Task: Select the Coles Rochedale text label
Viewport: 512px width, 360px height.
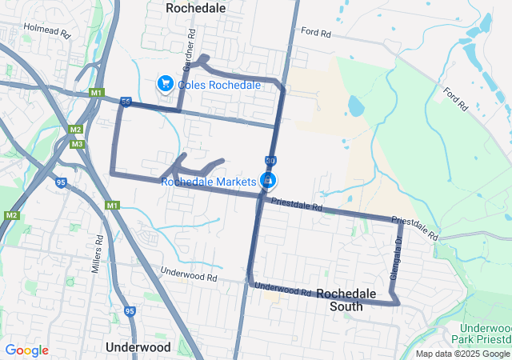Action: tap(219, 85)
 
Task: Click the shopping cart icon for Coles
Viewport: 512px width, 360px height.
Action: tap(165, 83)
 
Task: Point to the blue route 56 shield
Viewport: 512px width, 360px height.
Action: tap(126, 102)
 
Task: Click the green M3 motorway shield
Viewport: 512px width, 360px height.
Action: tap(77, 144)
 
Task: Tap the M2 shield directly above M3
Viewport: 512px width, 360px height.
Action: tap(75, 130)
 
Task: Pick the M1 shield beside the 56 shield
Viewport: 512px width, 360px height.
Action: tap(97, 94)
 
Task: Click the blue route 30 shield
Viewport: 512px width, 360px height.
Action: tap(270, 161)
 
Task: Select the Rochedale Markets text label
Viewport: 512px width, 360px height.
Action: tap(208, 182)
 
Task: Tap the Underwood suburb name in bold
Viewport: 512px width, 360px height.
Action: tap(138, 347)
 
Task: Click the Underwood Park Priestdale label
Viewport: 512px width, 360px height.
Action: tap(486, 334)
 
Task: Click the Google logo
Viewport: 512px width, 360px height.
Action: tap(26, 350)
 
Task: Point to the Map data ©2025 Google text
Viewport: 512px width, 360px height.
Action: tap(462, 354)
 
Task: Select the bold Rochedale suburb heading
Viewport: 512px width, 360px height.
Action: tap(195, 7)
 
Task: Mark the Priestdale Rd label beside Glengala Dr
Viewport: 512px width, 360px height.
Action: tap(415, 227)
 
